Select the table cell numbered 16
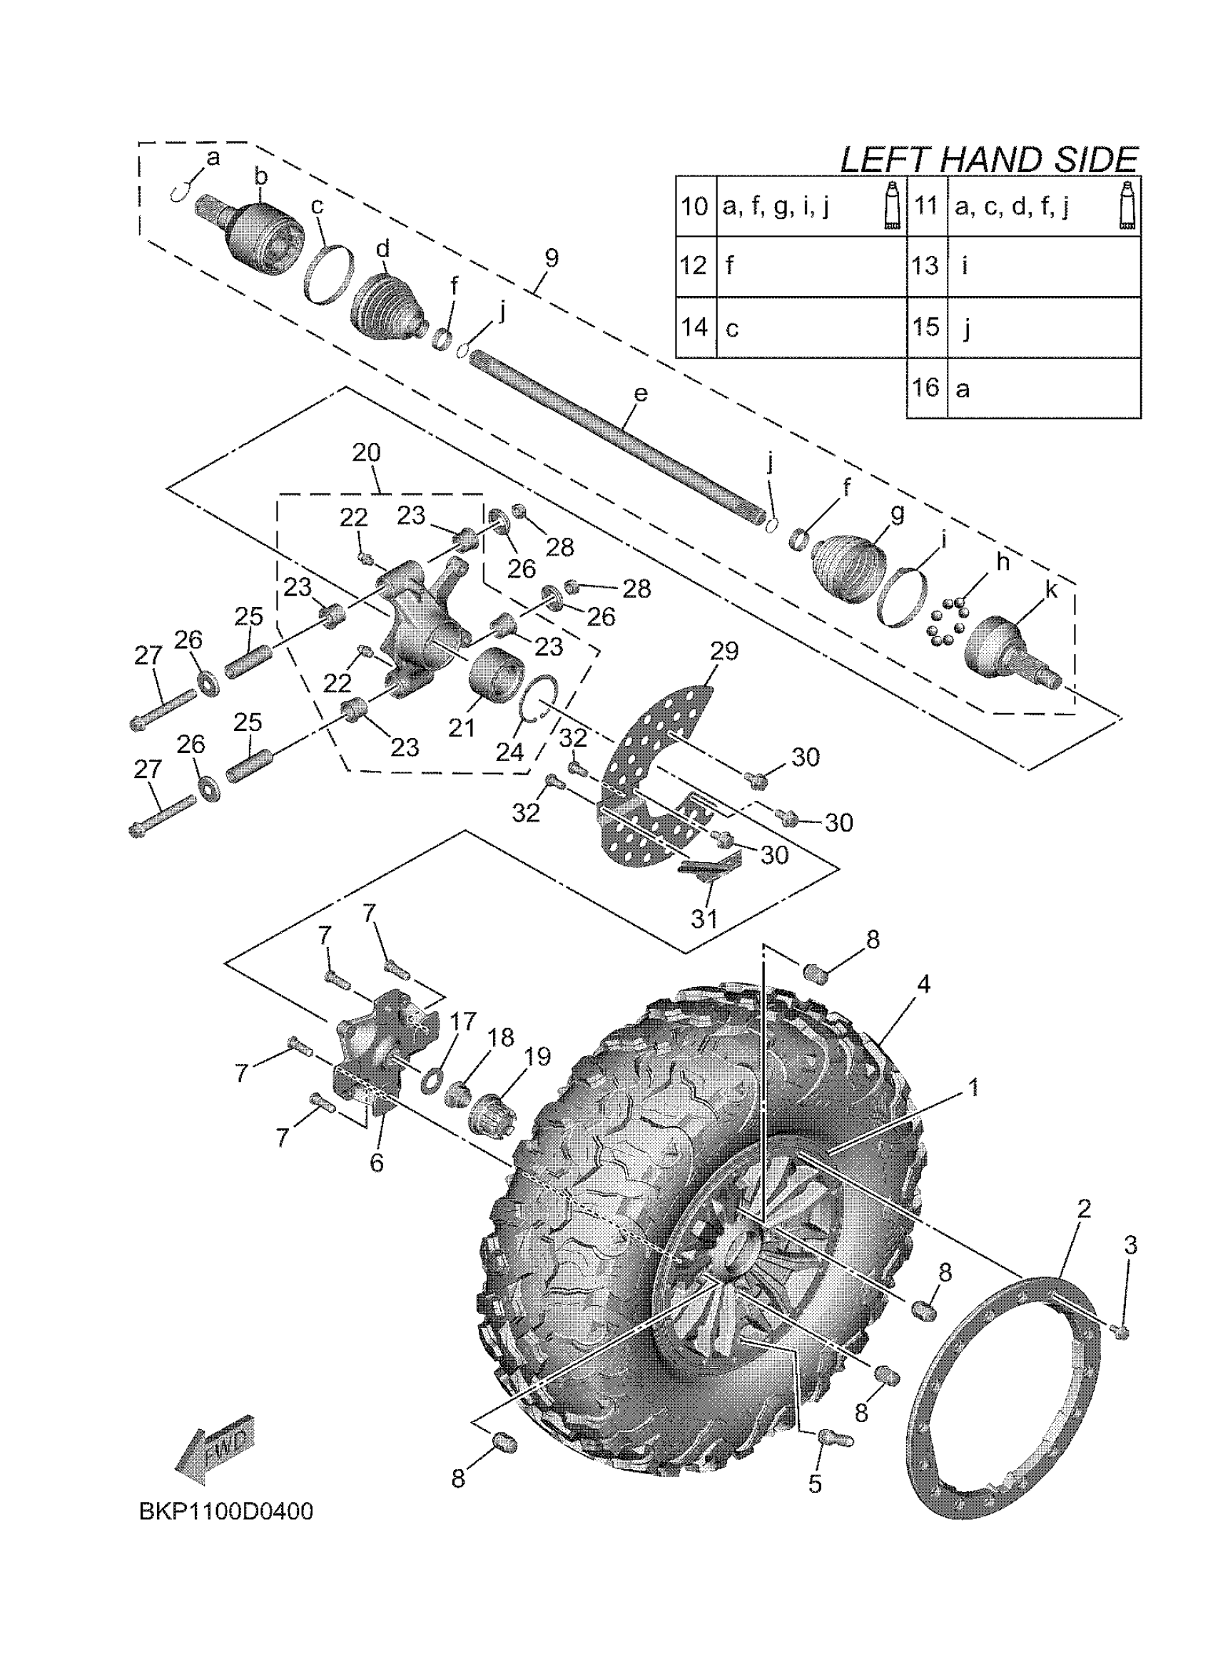tap(925, 387)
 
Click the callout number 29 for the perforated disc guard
tap(724, 650)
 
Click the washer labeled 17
tap(430, 1081)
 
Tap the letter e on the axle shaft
tap(641, 394)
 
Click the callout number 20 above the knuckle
tap(366, 452)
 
